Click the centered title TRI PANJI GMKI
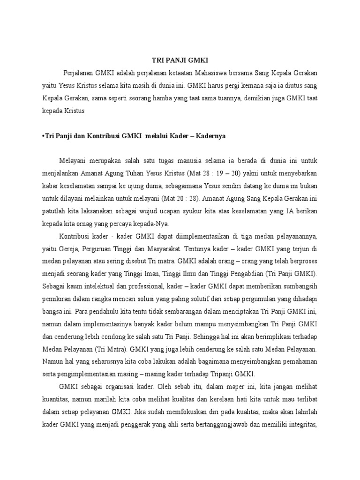tap(180, 60)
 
